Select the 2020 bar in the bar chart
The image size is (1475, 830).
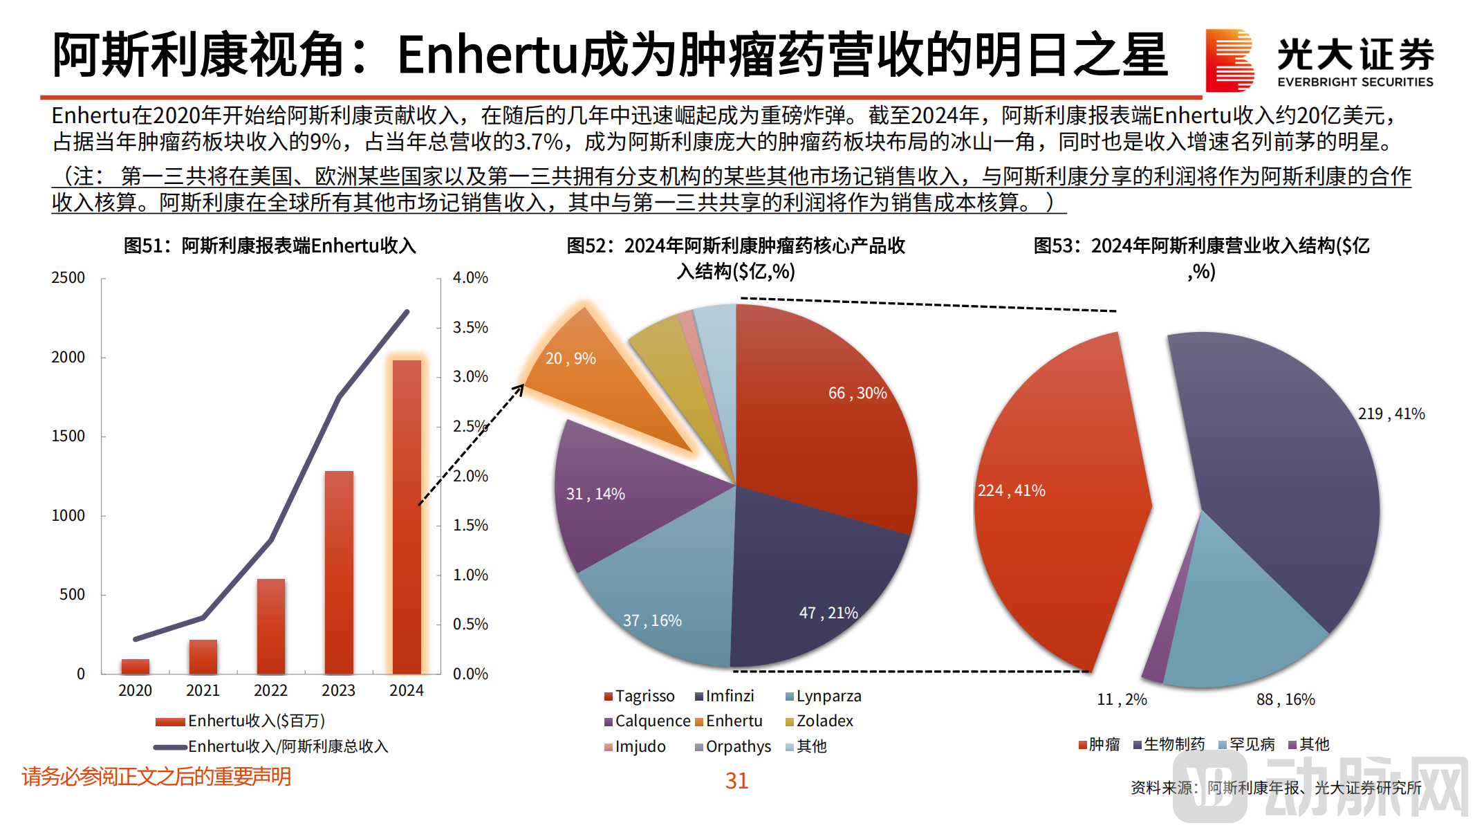pos(136,666)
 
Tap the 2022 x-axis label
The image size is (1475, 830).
pos(270,690)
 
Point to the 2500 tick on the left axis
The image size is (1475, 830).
pos(68,278)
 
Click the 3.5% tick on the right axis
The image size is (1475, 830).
pos(470,327)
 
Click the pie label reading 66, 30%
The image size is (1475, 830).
pos(857,393)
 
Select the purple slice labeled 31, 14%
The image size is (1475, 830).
pos(609,498)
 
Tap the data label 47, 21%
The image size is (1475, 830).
pos(828,613)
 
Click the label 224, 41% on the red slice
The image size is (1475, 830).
pos(1011,490)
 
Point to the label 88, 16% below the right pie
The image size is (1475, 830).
pos(1286,699)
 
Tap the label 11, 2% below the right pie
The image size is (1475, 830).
pos(1122,699)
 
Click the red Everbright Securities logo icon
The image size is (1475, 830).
pos(1229,60)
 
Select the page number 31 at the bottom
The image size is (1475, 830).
pos(736,781)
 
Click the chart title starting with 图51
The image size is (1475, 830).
pos(270,246)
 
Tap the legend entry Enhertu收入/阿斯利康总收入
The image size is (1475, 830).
pos(288,746)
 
